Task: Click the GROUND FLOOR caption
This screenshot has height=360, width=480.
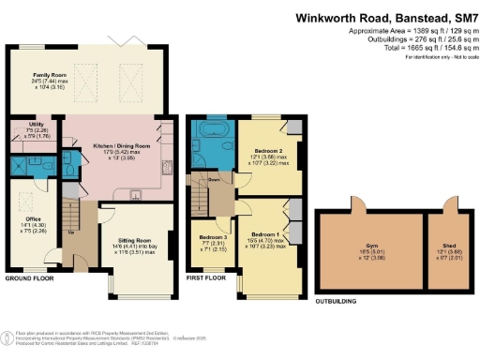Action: click(x=29, y=278)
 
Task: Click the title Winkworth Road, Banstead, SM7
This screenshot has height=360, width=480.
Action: click(x=387, y=18)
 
